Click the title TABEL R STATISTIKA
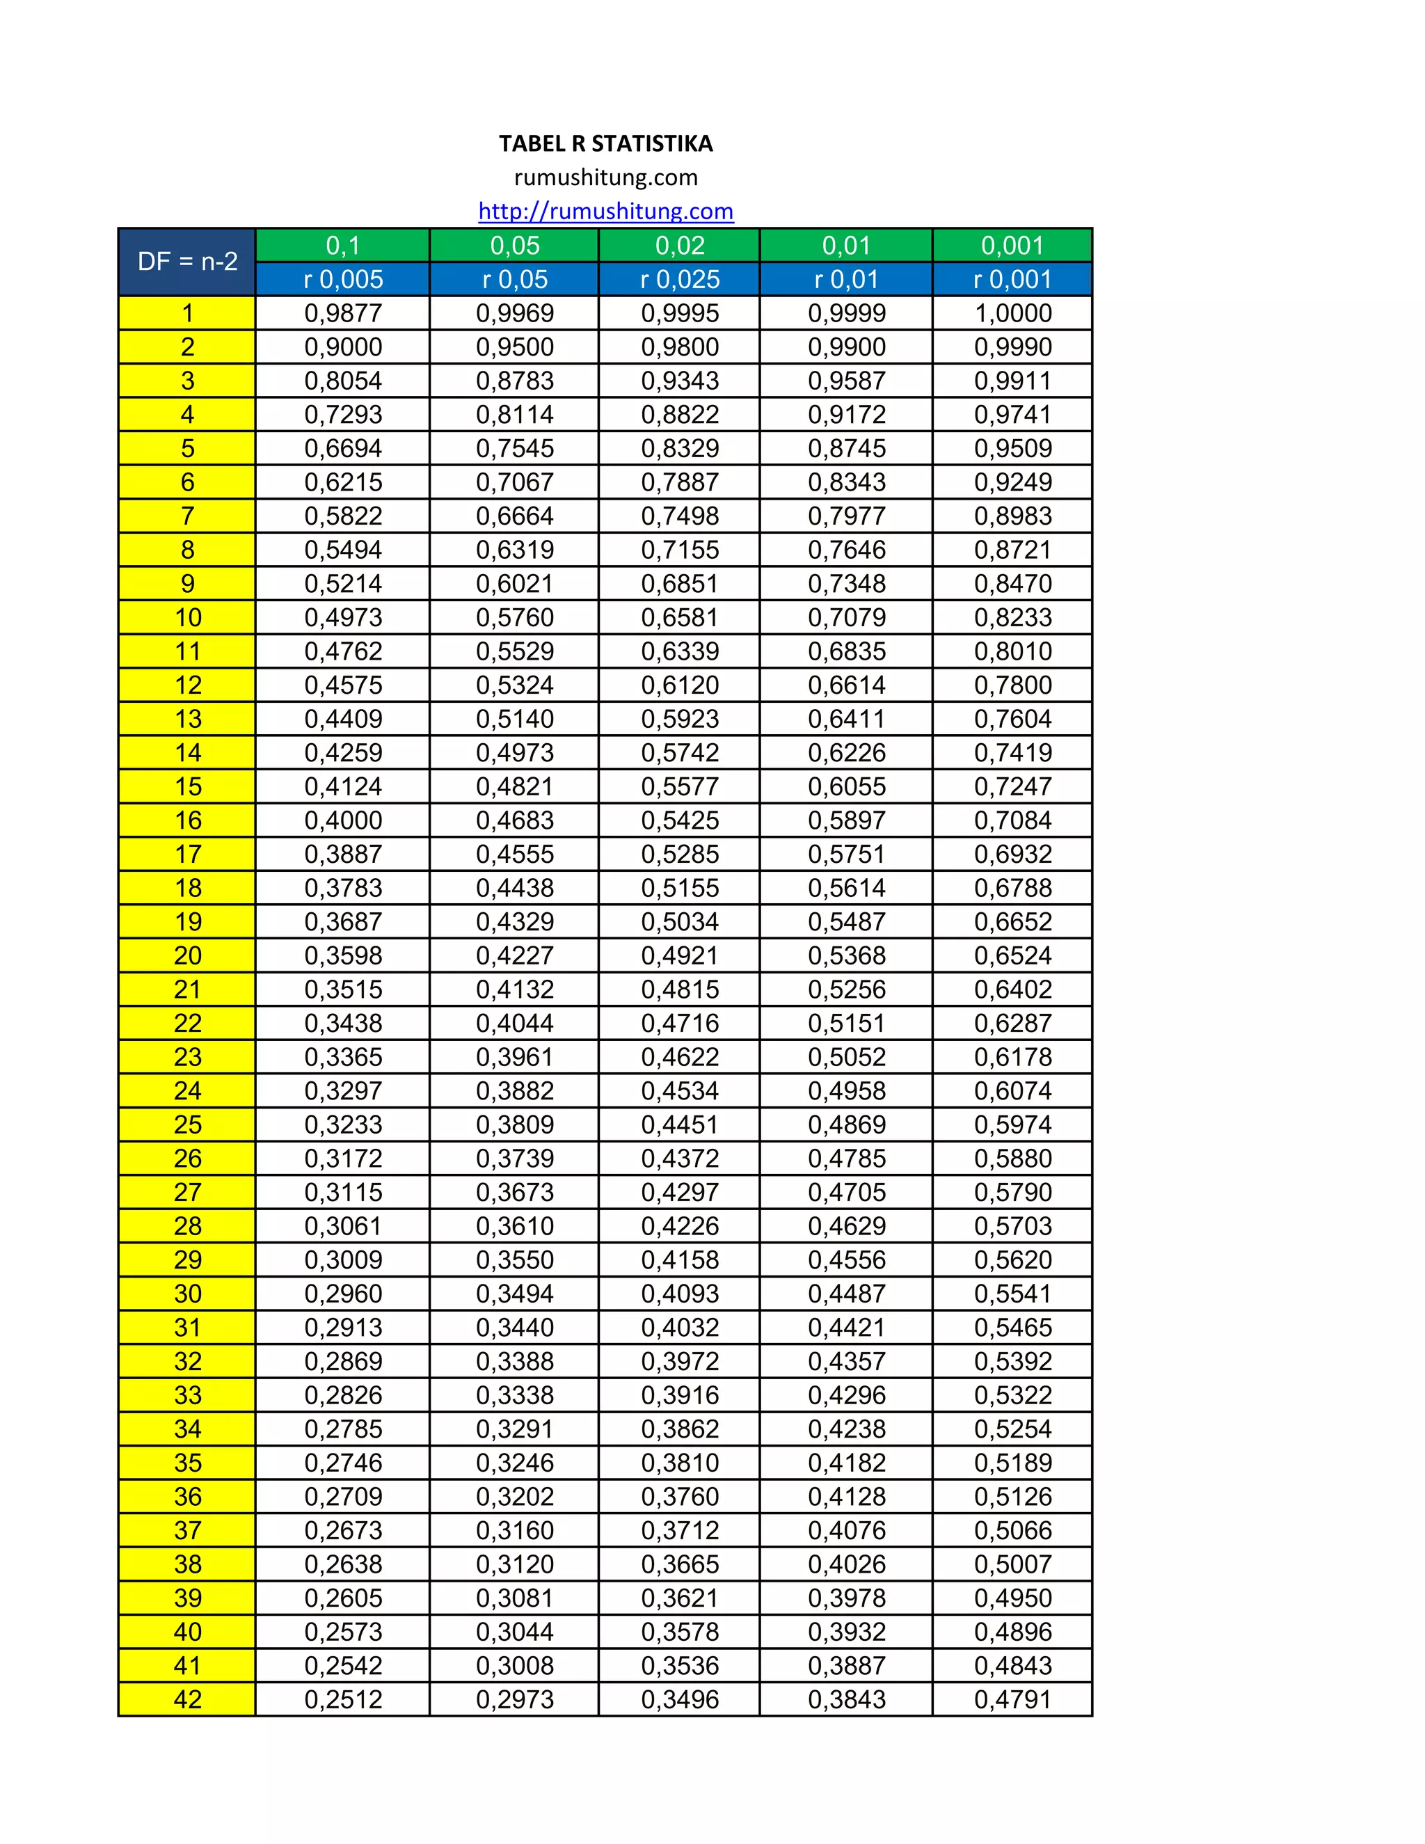pyautogui.click(x=605, y=143)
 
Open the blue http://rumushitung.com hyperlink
pyautogui.click(x=605, y=211)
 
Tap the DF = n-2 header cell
pyautogui.click(x=187, y=262)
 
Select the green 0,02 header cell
pyautogui.click(x=680, y=246)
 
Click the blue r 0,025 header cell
pyautogui.click(x=680, y=280)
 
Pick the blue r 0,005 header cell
pyautogui.click(x=343, y=280)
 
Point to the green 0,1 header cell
pyautogui.click(x=343, y=246)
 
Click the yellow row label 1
pyautogui.click(x=187, y=313)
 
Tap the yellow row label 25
pyautogui.click(x=187, y=1124)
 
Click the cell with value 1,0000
pyautogui.click(x=1013, y=313)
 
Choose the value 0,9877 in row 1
pyautogui.click(x=343, y=313)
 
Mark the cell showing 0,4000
pyautogui.click(x=343, y=820)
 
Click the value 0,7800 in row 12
pyautogui.click(x=1013, y=685)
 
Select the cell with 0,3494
pyautogui.click(x=514, y=1294)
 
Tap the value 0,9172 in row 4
pyautogui.click(x=847, y=415)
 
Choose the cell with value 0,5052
pyautogui.click(x=847, y=1056)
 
